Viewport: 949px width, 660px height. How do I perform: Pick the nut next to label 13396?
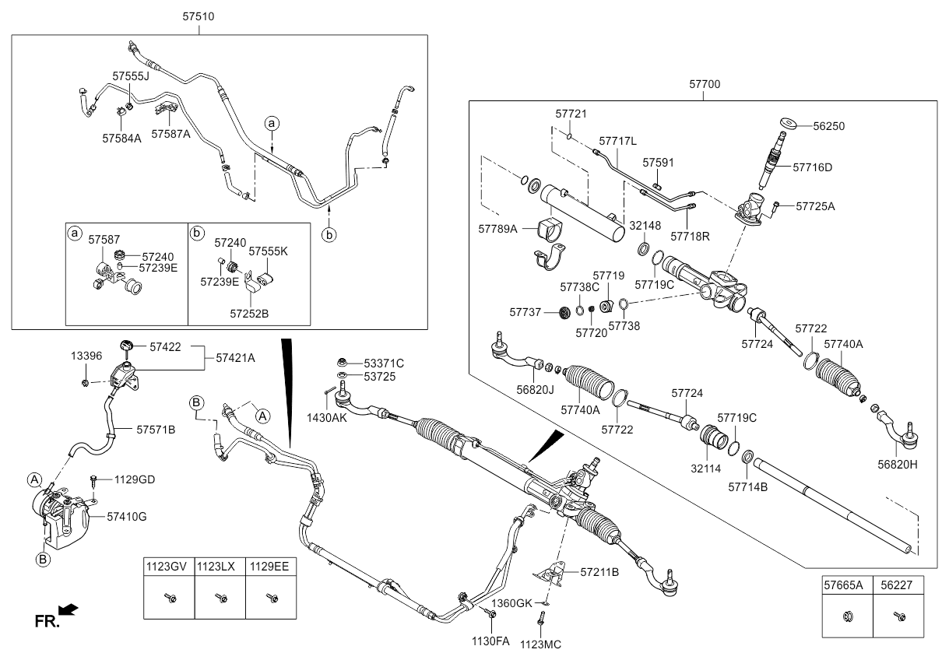(x=86, y=383)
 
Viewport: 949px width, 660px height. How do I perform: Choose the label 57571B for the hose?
(x=156, y=429)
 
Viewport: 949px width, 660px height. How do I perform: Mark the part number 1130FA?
(x=490, y=641)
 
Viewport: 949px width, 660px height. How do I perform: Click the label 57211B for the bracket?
(x=599, y=572)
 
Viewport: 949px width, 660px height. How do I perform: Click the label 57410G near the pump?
(x=125, y=515)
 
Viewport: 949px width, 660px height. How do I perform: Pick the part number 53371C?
(x=385, y=363)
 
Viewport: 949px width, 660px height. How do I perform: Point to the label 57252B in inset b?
(x=249, y=313)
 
